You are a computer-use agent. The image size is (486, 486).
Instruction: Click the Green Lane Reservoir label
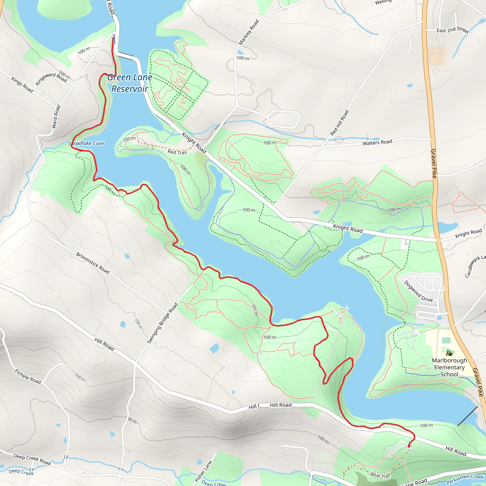tap(130, 83)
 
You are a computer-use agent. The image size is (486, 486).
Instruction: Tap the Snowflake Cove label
tap(86, 143)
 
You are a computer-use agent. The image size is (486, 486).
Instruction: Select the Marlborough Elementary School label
tap(449, 367)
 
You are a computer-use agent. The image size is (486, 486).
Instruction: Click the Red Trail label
tap(177, 152)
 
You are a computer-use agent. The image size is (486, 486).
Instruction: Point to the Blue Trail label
tap(380, 475)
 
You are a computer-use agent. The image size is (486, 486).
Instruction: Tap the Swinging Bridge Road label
tap(162, 323)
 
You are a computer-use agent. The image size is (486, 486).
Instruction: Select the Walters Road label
tap(377, 142)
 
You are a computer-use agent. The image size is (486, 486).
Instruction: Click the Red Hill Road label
tap(339, 123)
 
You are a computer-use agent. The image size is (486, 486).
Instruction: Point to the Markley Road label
tap(248, 33)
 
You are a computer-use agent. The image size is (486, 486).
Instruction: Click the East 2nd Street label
tap(453, 30)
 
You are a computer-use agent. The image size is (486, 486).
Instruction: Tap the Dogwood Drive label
tap(418, 291)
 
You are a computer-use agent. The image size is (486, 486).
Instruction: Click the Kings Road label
tap(22, 85)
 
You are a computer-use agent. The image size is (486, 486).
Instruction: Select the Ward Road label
tap(56, 117)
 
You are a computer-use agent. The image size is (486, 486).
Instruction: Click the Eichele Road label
tap(28, 376)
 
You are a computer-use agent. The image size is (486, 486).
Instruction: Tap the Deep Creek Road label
tap(32, 459)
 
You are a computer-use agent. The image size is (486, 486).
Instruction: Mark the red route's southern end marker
tap(409, 446)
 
